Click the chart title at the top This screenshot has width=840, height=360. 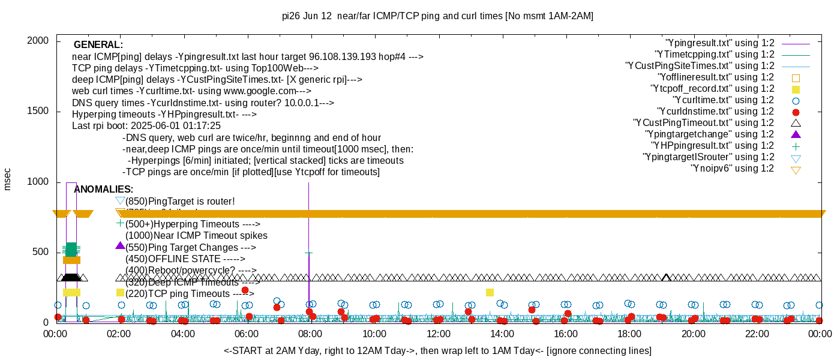(x=437, y=16)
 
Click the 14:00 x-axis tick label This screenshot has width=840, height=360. (x=502, y=334)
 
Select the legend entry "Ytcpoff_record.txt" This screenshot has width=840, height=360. (x=713, y=89)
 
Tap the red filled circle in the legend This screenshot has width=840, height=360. (x=796, y=112)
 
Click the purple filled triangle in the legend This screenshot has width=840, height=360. (x=796, y=134)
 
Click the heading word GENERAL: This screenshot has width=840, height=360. (x=98, y=45)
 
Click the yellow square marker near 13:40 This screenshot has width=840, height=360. (x=490, y=292)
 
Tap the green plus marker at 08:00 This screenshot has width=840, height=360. (x=308, y=253)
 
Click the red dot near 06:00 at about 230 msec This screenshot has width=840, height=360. (x=245, y=290)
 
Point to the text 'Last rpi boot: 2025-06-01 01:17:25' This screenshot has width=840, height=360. (x=146, y=126)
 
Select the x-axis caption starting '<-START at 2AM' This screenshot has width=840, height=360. (x=437, y=350)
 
